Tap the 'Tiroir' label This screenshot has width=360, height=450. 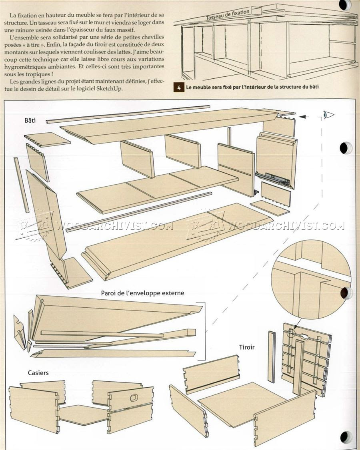point(247,347)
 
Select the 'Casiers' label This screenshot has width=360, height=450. point(38,372)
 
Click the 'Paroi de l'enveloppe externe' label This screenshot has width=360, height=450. point(142,293)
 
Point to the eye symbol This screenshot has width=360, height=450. point(328,115)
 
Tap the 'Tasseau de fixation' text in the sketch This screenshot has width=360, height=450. point(228,15)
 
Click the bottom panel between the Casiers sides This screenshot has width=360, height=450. point(82,414)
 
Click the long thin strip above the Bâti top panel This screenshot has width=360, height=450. point(128,114)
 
